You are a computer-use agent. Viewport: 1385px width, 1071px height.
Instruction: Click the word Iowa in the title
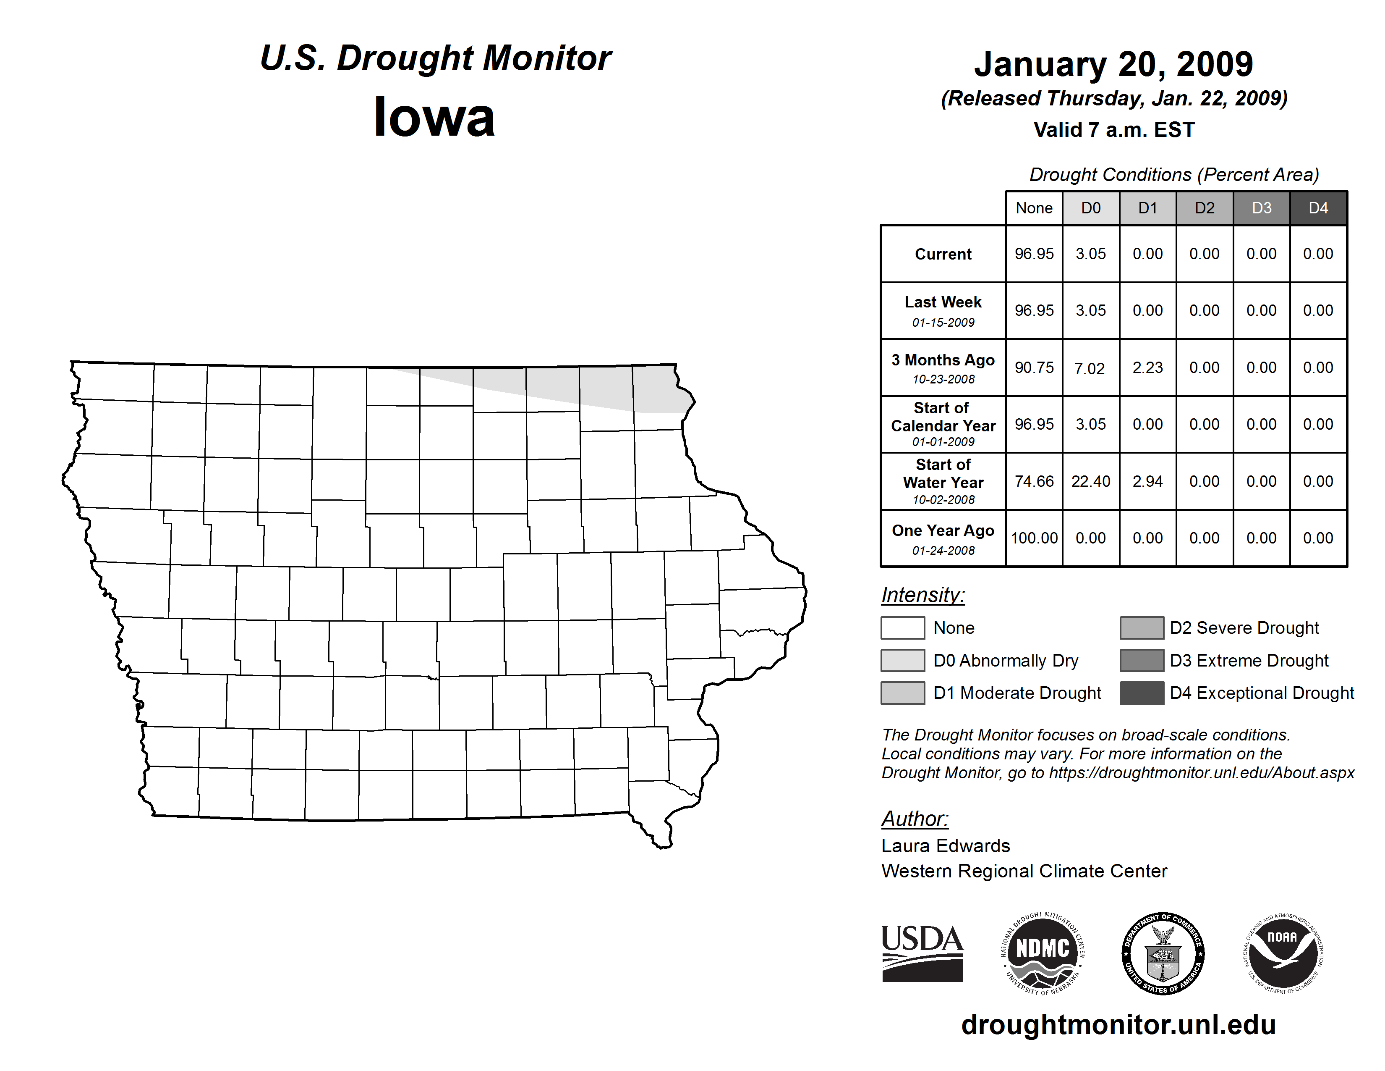pyautogui.click(x=434, y=117)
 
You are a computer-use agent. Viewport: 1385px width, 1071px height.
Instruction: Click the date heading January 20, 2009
pyautogui.click(x=1113, y=64)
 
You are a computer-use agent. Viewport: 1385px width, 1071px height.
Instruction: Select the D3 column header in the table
pyautogui.click(x=1261, y=208)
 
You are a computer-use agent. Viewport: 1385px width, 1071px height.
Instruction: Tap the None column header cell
pyautogui.click(x=1034, y=208)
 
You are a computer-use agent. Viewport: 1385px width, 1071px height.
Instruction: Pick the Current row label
pyautogui.click(x=943, y=254)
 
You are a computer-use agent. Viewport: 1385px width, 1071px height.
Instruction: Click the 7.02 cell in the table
pyautogui.click(x=1090, y=368)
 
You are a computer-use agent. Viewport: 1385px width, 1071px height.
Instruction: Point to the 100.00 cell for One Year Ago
pyautogui.click(x=1034, y=538)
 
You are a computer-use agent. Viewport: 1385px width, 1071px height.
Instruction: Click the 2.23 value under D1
pyautogui.click(x=1147, y=368)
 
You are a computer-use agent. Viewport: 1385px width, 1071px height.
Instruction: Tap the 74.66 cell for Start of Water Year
pyautogui.click(x=1034, y=482)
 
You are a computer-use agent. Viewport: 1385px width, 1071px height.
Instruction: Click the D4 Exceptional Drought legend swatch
pyautogui.click(x=1142, y=693)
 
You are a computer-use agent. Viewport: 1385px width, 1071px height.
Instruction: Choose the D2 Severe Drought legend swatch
pyautogui.click(x=1142, y=627)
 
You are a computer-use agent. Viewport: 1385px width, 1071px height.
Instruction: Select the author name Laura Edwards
pyautogui.click(x=945, y=846)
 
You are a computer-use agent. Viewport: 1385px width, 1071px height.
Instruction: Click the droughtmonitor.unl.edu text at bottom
pyautogui.click(x=1118, y=1025)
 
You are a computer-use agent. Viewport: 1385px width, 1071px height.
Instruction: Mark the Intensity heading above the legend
pyautogui.click(x=922, y=595)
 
